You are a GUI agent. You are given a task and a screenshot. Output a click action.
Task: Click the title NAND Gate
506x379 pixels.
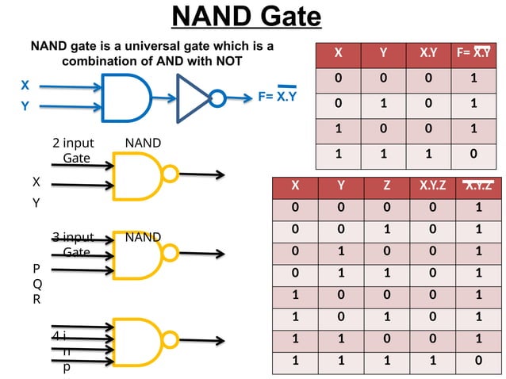coord(247,17)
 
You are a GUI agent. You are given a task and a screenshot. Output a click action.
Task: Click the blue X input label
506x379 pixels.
coord(25,85)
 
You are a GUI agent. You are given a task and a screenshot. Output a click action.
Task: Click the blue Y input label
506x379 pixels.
coord(25,105)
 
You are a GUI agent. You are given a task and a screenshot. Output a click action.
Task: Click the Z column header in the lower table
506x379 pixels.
coord(386,187)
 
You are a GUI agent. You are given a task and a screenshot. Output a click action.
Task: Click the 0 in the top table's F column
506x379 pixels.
coord(473,153)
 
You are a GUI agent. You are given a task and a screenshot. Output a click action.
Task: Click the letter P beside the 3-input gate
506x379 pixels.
coord(36,269)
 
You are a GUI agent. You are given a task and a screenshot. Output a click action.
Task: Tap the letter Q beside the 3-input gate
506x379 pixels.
coord(36,284)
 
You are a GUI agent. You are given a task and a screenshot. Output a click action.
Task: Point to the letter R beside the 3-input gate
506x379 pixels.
coord(36,300)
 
